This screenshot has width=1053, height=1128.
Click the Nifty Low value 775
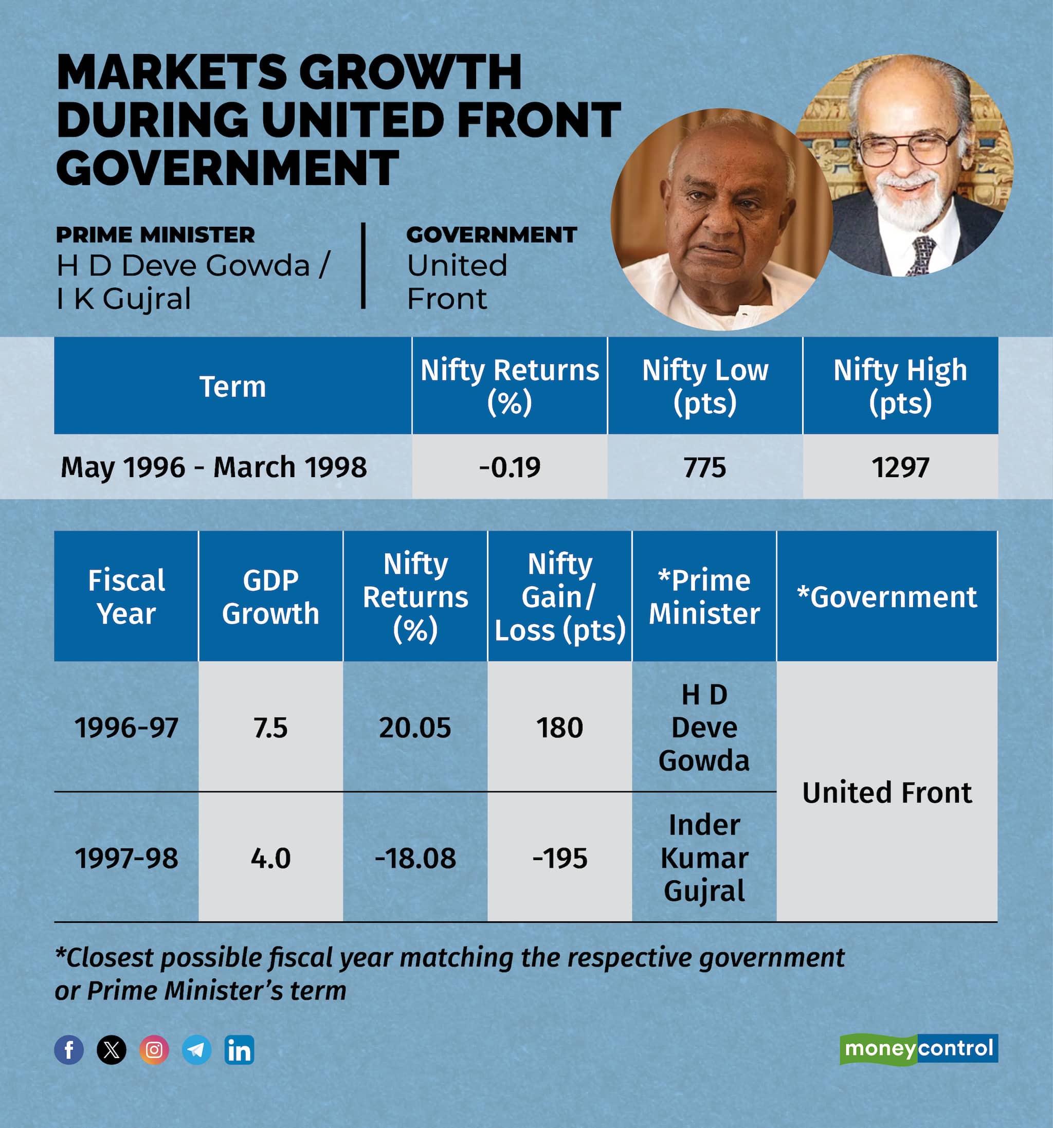click(704, 467)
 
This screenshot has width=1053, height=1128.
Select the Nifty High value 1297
click(900, 467)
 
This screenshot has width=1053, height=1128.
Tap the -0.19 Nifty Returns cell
click(510, 467)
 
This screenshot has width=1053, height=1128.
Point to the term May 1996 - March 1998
click(213, 467)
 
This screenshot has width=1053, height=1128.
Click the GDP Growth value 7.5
click(270, 727)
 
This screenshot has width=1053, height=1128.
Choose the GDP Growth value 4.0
click(270, 858)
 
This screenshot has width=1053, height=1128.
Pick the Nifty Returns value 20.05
click(415, 727)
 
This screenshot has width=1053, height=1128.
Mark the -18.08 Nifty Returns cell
click(415, 858)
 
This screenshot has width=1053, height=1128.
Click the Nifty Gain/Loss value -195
click(559, 858)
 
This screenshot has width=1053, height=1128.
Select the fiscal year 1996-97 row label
click(126, 727)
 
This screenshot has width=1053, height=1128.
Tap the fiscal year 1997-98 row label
click(126, 858)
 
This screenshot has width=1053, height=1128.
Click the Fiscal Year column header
click(126, 596)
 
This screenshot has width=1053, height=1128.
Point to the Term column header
click(232, 387)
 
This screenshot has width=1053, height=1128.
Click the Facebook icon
click(69, 1050)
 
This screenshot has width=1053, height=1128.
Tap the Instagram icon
click(154, 1050)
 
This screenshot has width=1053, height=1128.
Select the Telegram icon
click(196, 1050)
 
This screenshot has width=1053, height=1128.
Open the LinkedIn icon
click(239, 1050)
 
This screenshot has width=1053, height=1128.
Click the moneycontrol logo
click(918, 1048)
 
